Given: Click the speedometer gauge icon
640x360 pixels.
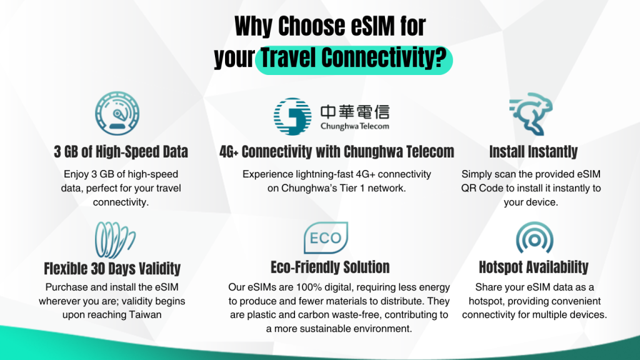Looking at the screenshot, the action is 117,114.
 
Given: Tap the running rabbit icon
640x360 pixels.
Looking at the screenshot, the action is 531,114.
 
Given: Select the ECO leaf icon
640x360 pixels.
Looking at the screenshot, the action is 326,237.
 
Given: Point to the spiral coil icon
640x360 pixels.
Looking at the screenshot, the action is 115,240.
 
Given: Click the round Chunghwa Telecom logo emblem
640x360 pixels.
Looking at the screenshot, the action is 292,116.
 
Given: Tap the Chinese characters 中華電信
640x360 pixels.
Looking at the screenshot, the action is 355,112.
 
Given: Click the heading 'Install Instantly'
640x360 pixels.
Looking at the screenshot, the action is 533,152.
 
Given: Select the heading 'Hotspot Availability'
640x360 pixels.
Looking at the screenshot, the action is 534,267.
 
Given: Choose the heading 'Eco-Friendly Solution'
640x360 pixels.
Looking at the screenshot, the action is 330,267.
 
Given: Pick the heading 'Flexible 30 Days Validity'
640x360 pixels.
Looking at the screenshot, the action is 112,269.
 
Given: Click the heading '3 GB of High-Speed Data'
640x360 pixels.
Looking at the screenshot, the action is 121,152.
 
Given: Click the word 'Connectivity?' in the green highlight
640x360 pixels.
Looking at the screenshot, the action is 384,58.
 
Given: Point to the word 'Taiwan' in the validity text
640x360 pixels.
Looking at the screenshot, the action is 145,315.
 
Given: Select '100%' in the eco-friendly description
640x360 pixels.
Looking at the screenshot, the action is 309,287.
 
